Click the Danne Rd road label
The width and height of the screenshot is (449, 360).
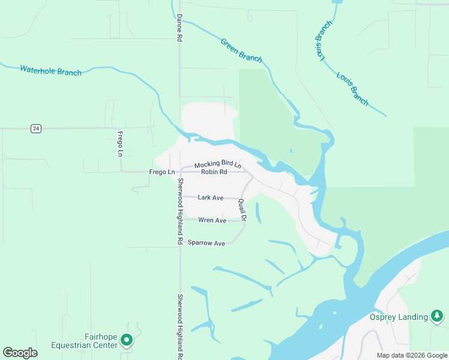coord(179,28)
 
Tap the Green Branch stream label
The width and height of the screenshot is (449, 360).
coord(241,50)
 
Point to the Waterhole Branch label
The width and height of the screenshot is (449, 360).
coord(50,70)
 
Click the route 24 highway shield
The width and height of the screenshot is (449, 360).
coord(37,128)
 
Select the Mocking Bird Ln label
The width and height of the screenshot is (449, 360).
coord(217,164)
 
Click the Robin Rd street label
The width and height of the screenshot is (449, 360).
coord(214,172)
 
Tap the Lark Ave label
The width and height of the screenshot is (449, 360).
coord(210,197)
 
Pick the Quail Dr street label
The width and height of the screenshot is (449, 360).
coord(242,211)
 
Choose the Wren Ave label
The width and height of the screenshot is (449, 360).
coord(212,221)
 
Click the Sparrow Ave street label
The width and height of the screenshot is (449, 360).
coord(206,243)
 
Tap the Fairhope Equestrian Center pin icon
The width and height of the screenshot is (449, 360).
coord(126,340)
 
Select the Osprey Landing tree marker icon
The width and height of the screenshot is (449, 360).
coord(438,317)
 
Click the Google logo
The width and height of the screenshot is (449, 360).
coord(20,353)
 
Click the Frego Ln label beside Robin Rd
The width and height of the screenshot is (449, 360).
coord(161,172)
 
